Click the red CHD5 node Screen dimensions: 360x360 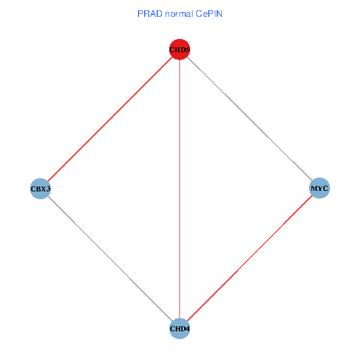180,49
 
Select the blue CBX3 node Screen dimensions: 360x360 40,189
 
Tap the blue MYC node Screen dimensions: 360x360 319,189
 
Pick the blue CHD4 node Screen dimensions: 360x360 180,329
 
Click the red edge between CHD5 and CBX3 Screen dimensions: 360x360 110,119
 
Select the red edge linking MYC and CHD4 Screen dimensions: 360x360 250,259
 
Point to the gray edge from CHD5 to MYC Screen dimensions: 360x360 250,119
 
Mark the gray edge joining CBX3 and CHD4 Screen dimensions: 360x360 110,259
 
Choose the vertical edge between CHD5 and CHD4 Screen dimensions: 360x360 180,189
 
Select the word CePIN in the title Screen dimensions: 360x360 209,13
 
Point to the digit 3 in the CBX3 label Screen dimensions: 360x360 47,190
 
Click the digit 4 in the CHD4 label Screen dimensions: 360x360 188,329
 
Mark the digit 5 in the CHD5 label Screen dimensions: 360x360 188,50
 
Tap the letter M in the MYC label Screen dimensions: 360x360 314,189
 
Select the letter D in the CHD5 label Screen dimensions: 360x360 182,50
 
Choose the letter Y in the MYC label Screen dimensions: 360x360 320,189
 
